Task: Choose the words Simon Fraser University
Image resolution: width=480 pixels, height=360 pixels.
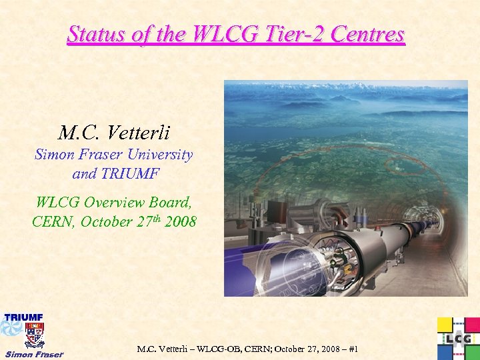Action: [x=114, y=155]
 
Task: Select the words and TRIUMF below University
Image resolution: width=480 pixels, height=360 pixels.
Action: [x=114, y=174]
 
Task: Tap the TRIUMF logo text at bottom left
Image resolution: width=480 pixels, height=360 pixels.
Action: [x=24, y=317]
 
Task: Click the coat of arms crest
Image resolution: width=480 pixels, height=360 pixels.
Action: [x=34, y=335]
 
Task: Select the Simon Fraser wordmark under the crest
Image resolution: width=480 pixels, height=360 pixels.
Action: [x=34, y=353]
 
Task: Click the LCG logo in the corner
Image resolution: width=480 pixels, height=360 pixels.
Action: [x=458, y=338]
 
